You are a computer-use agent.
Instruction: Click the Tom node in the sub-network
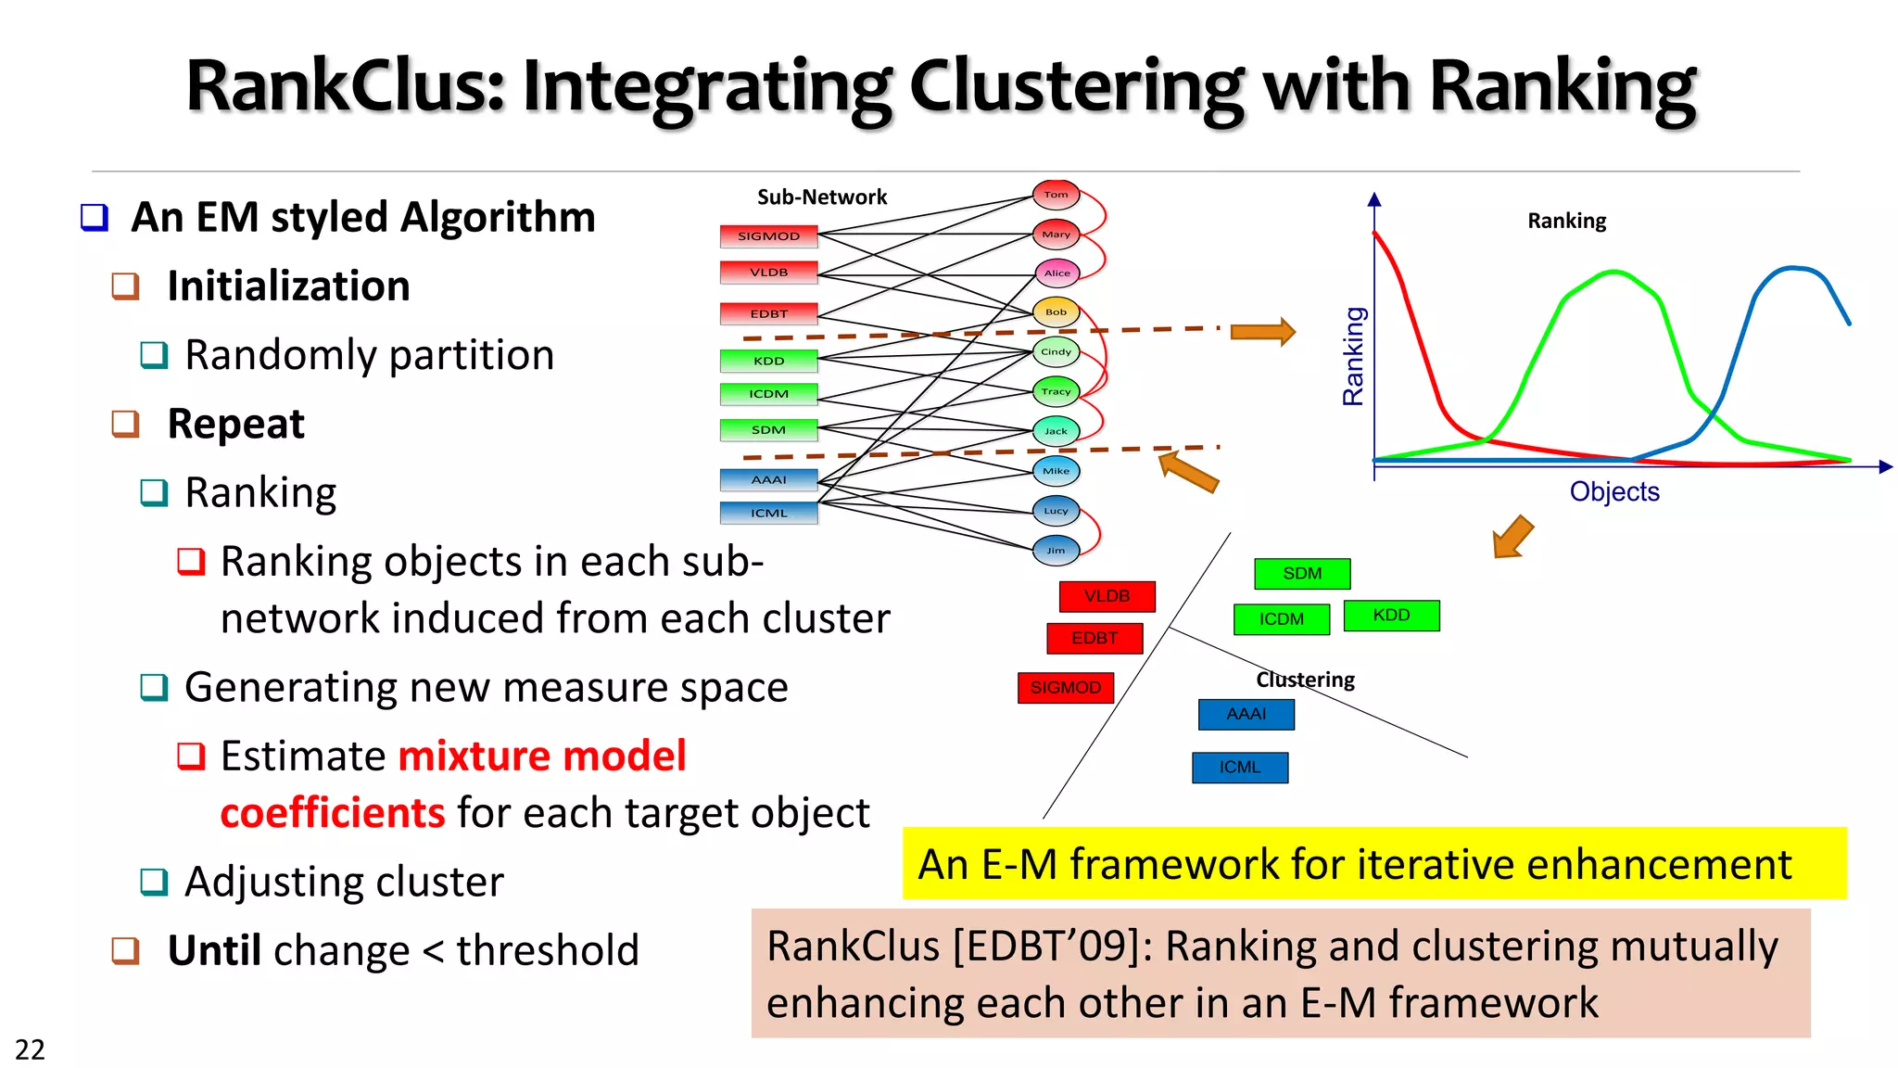[x=1056, y=195]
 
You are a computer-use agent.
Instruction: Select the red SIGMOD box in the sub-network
[x=768, y=236]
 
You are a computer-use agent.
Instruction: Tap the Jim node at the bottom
[x=1056, y=551]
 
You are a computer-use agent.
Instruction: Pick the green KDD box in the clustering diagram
[x=1391, y=616]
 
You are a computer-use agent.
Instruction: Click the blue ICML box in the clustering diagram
[x=1239, y=768]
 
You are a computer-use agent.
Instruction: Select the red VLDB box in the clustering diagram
[x=1107, y=596]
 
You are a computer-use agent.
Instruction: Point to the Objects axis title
[x=1613, y=491]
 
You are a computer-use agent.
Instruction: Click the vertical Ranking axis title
[x=1354, y=356]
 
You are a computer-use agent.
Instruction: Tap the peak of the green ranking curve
[x=1614, y=273]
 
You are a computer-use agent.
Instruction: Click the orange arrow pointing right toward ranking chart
[x=1261, y=332]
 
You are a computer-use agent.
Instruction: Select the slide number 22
[x=30, y=1049]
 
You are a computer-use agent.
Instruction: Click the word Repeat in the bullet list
[x=235, y=424]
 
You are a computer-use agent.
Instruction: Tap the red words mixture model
[x=542, y=756]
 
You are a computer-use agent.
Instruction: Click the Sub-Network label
[x=821, y=197]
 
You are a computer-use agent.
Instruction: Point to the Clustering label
[x=1305, y=680]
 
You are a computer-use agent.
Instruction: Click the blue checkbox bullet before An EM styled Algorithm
[x=95, y=218]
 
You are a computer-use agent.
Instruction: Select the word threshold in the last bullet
[x=547, y=950]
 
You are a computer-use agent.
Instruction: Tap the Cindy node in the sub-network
[x=1056, y=352]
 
